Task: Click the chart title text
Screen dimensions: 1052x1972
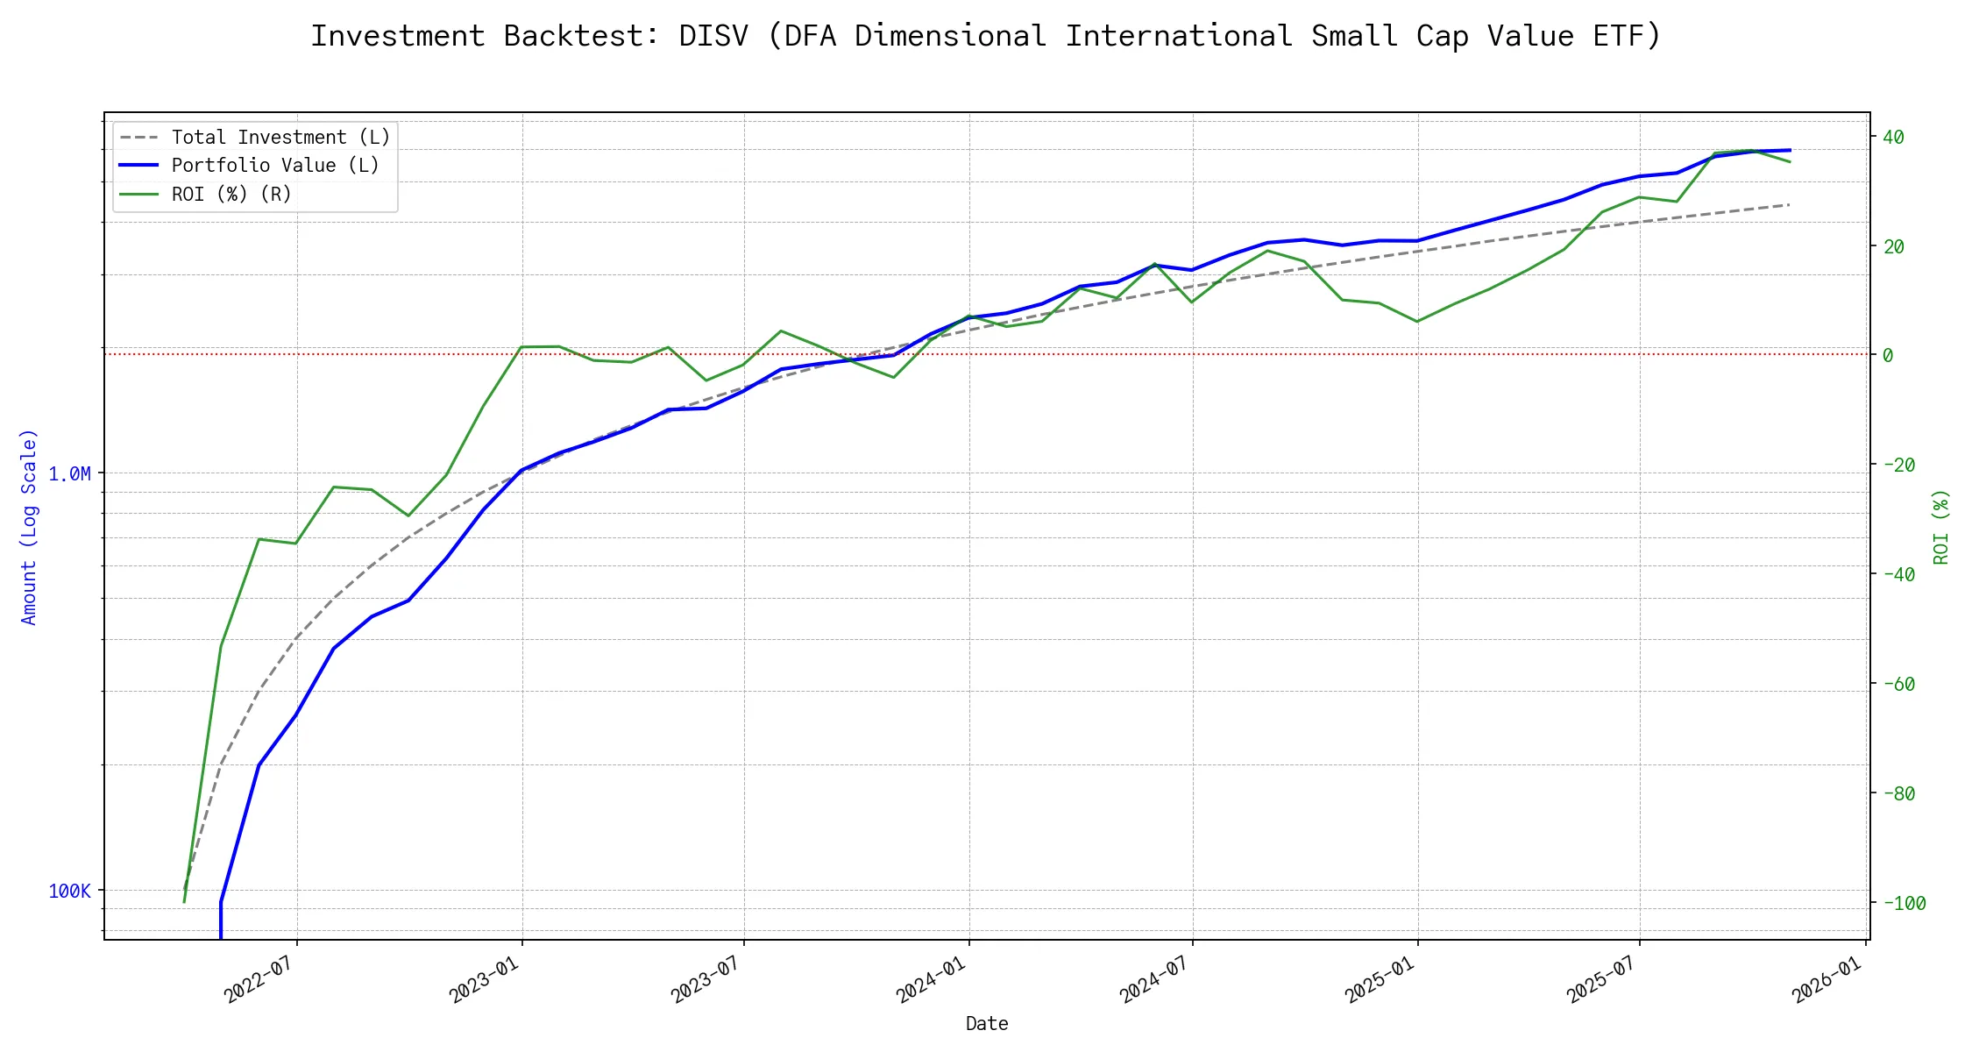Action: [986, 36]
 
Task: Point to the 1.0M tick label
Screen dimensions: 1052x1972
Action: [69, 474]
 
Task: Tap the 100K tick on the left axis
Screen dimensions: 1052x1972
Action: [69, 892]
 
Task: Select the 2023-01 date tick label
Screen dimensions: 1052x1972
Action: [484, 979]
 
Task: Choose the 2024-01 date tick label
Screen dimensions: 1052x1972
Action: [931, 979]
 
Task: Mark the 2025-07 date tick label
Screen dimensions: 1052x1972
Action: [1601, 979]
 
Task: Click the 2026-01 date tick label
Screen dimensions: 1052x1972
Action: [1827, 979]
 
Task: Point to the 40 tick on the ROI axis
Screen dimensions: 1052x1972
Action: [1893, 137]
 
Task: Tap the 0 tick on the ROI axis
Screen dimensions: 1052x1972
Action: [1888, 355]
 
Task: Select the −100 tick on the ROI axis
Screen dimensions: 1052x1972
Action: [1898, 903]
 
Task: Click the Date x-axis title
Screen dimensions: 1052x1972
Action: [986, 1024]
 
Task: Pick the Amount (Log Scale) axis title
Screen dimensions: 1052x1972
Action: [29, 526]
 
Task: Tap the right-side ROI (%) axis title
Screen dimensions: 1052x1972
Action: [1940, 526]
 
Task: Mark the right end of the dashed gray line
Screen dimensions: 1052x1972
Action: [1789, 204]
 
